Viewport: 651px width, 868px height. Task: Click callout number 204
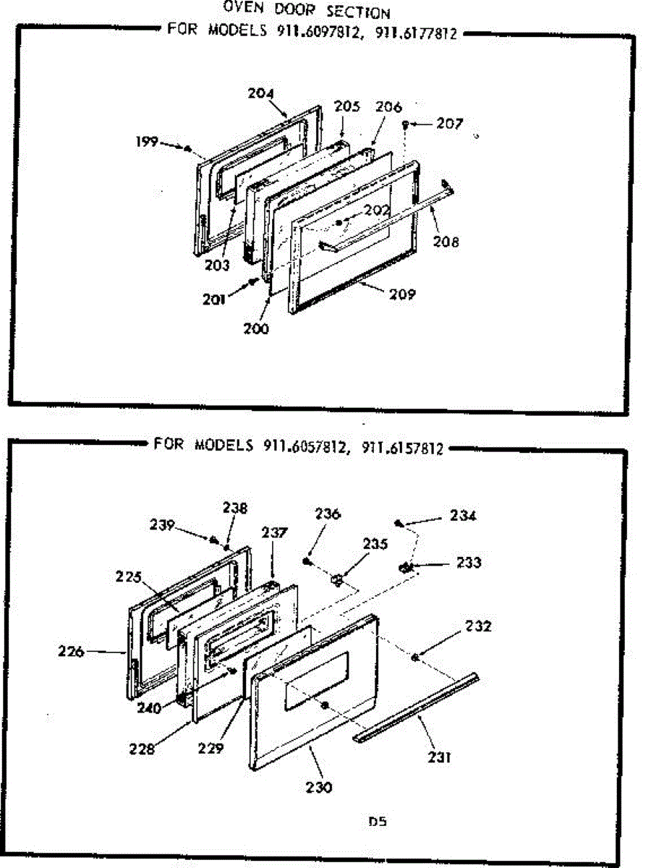click(x=260, y=93)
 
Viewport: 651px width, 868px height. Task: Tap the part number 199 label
click(x=147, y=141)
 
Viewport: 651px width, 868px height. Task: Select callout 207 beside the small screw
click(x=449, y=124)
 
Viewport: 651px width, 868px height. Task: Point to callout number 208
click(x=446, y=241)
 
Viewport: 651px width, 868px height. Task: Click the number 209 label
click(x=402, y=294)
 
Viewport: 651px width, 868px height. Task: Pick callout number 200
click(x=256, y=328)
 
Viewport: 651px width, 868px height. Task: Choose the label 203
click(x=217, y=265)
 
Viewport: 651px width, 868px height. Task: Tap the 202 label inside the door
click(x=377, y=210)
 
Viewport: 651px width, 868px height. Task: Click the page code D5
click(x=378, y=822)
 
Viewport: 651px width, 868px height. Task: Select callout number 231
click(x=439, y=757)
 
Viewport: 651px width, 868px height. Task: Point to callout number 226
click(x=71, y=651)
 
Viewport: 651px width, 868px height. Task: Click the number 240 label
click(x=148, y=708)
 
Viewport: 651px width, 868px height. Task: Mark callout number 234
click(x=463, y=516)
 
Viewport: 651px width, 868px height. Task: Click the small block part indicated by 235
click(x=337, y=580)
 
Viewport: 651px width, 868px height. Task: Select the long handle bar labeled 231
click(x=416, y=709)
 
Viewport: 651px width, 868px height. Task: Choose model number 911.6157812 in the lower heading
click(x=402, y=448)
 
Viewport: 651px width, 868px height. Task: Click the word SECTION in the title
click(x=358, y=12)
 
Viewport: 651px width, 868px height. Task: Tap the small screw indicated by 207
click(x=405, y=124)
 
